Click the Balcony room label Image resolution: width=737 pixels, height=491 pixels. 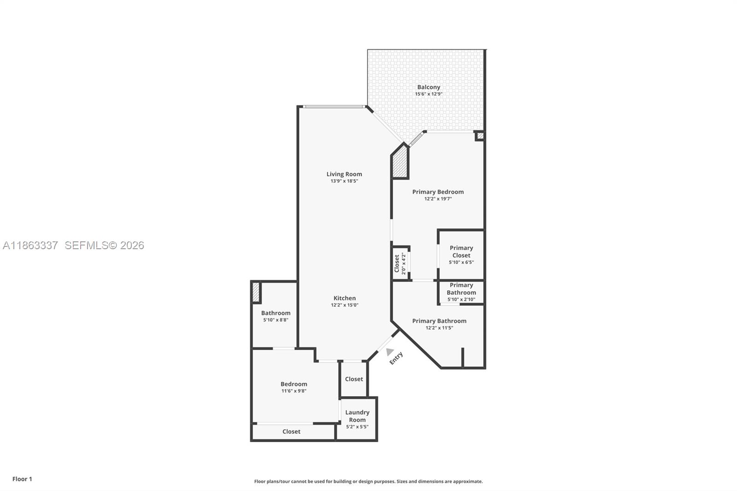click(428, 87)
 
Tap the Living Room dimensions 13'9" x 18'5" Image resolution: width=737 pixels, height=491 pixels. click(344, 181)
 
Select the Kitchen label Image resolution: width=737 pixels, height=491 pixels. click(345, 298)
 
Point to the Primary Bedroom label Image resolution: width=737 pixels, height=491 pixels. click(438, 192)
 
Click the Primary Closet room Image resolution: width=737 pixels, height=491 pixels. click(461, 255)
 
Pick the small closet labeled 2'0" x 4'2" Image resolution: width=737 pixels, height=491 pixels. click(400, 263)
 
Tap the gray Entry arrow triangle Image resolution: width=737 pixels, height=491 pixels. click(390, 352)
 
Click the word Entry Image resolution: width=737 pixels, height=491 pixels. click(396, 358)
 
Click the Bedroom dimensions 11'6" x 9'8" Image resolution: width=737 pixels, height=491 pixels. click(294, 391)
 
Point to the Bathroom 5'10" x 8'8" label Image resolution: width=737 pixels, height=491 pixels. click(275, 316)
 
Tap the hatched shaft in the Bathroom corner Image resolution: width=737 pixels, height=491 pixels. click(256, 292)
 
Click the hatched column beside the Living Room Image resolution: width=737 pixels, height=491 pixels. click(400, 162)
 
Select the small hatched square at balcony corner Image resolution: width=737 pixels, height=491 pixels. click(480, 136)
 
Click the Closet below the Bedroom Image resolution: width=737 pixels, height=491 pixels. click(291, 432)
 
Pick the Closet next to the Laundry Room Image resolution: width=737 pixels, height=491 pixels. click(354, 379)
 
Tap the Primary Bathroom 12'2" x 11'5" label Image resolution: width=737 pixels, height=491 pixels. click(439, 324)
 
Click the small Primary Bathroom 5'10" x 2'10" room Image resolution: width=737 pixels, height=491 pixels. click(461, 292)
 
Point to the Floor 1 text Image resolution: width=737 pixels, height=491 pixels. click(22, 479)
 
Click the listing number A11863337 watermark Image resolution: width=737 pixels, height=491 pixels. click(30, 245)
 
